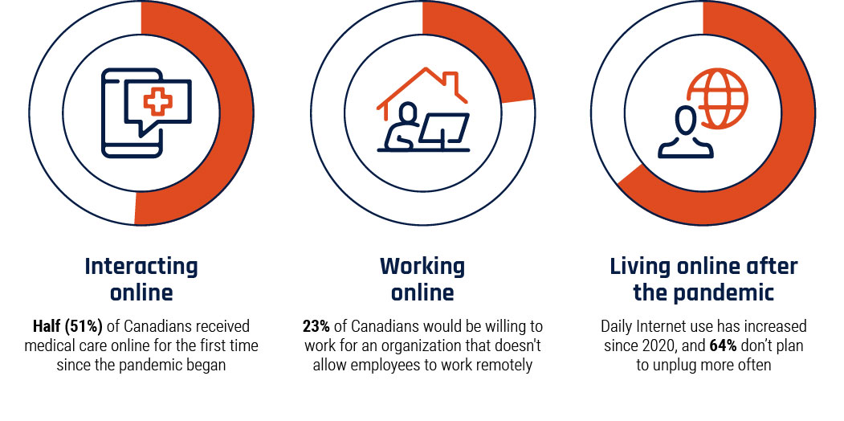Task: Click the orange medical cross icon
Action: tap(157, 102)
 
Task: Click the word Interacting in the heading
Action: tap(141, 267)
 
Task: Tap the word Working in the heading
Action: tap(422, 266)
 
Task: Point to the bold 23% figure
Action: tap(316, 326)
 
